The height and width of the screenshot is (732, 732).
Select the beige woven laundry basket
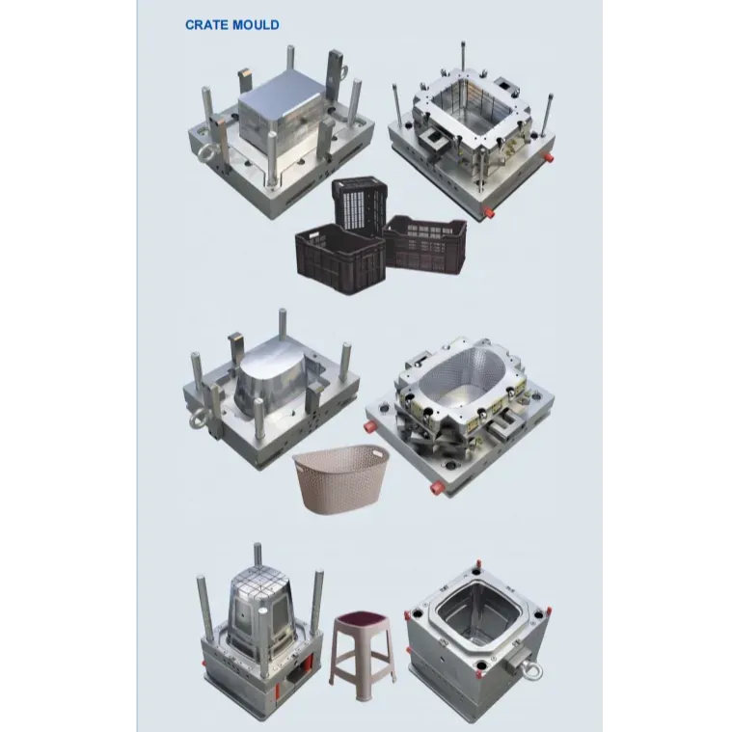[x=340, y=478]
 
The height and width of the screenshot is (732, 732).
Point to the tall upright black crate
[x=361, y=203]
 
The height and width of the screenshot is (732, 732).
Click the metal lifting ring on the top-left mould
[x=204, y=153]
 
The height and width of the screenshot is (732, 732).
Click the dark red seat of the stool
[x=363, y=619]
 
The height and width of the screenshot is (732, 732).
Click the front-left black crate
[x=340, y=258]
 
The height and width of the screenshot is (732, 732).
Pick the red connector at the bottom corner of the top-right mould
[x=490, y=212]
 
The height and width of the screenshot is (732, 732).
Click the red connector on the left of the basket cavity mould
[x=371, y=426]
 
